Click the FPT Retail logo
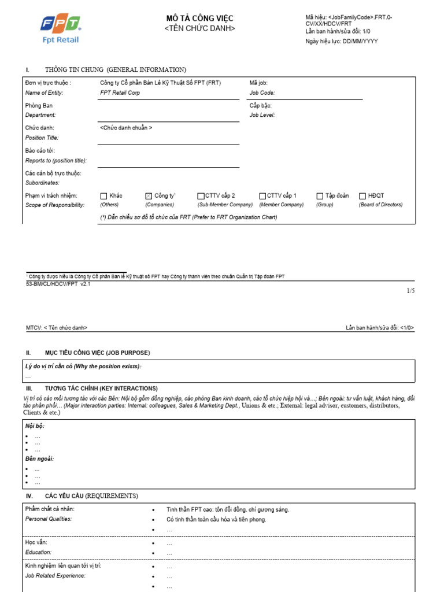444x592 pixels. [x=60, y=29]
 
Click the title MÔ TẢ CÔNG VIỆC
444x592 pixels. [x=199, y=18]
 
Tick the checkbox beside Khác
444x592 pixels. [x=104, y=196]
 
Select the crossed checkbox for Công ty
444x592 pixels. [x=149, y=196]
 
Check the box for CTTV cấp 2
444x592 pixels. [x=201, y=196]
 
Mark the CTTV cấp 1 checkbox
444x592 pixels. [x=262, y=196]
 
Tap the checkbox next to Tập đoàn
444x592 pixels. [x=320, y=196]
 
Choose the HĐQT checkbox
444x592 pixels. [x=363, y=196]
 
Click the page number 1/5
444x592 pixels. [x=410, y=291]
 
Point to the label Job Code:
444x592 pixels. [x=262, y=92]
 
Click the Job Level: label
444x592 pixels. [x=262, y=115]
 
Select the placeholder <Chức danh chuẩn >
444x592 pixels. [x=126, y=128]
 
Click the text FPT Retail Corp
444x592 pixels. [x=120, y=92]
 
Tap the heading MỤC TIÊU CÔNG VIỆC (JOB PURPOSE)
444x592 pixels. [x=97, y=352]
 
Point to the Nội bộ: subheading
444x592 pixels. [x=35, y=426]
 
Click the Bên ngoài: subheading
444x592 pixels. [x=39, y=458]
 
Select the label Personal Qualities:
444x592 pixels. [x=49, y=519]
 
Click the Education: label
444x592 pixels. [x=39, y=553]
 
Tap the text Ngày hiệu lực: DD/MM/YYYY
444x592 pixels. [x=341, y=41]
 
